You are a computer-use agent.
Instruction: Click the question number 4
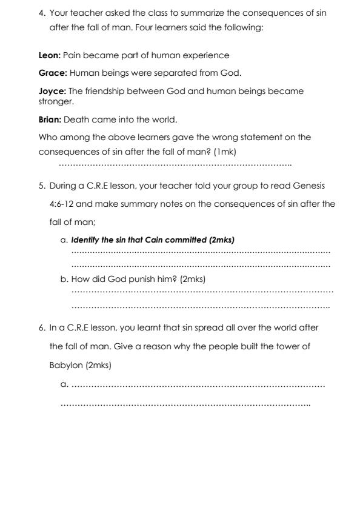click(41, 12)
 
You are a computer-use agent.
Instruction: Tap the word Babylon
click(66, 366)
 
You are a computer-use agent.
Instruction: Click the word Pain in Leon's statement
click(73, 55)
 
